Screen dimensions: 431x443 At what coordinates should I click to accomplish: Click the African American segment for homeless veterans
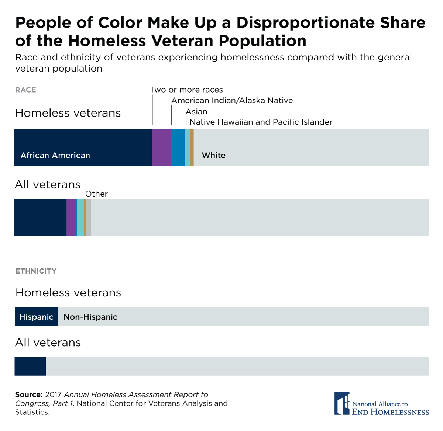pos(83,147)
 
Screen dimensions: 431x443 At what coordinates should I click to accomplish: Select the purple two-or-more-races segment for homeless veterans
pos(161,147)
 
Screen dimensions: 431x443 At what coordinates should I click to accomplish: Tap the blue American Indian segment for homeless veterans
pos(178,147)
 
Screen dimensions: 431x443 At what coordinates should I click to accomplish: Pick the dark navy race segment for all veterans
pos(40,218)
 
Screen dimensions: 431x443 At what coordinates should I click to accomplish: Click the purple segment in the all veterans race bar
pos(71,218)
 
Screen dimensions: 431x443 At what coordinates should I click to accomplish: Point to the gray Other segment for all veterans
pos(88,218)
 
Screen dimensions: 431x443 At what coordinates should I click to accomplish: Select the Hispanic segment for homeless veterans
pos(36,316)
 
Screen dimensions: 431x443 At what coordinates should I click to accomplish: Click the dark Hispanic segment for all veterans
pos(30,366)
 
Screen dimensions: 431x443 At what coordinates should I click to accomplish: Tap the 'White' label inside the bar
pos(213,155)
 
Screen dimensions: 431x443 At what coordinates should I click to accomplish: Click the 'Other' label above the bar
pos(96,194)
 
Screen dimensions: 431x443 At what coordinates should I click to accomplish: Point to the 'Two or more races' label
pos(186,90)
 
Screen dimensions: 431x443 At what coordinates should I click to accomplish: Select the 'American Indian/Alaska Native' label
pos(232,101)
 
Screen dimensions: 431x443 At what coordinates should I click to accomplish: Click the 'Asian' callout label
pos(196,112)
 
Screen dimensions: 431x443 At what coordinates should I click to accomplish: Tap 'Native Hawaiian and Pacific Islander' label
pos(261,122)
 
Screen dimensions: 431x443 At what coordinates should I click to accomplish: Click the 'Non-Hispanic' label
pos(90,317)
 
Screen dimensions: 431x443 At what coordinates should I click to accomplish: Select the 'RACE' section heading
pos(25,90)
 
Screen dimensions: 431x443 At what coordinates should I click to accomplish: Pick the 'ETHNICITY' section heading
pos(36,271)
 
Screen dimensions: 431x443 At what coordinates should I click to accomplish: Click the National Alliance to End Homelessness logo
pos(381,403)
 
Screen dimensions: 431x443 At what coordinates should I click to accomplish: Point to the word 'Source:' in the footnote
pos(29,394)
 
